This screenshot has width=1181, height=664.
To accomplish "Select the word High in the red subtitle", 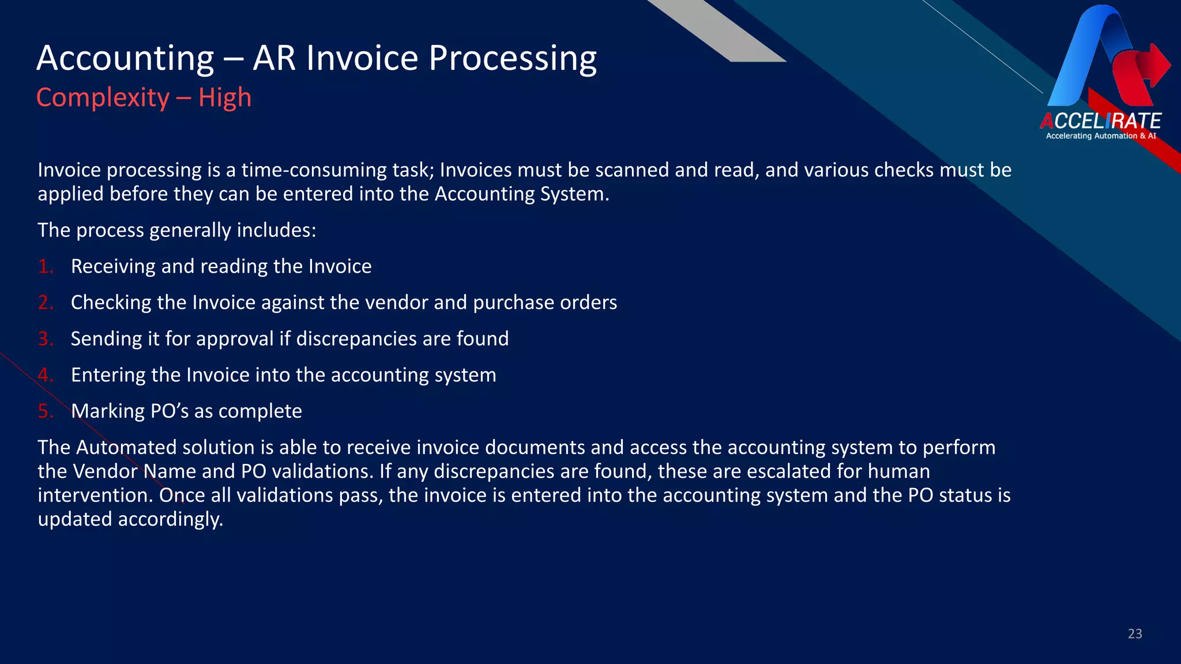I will [225, 97].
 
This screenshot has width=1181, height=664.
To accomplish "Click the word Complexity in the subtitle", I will [103, 97].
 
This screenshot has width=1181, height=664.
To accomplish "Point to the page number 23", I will [1134, 633].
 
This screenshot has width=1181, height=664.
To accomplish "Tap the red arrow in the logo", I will [1148, 66].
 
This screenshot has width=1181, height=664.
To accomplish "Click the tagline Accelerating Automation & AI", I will [1100, 136].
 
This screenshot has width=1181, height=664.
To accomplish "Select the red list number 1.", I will [45, 266].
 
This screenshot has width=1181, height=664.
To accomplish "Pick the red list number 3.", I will [45, 338].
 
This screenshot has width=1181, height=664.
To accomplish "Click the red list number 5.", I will [45, 411].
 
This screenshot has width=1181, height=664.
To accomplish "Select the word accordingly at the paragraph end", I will [170, 519].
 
